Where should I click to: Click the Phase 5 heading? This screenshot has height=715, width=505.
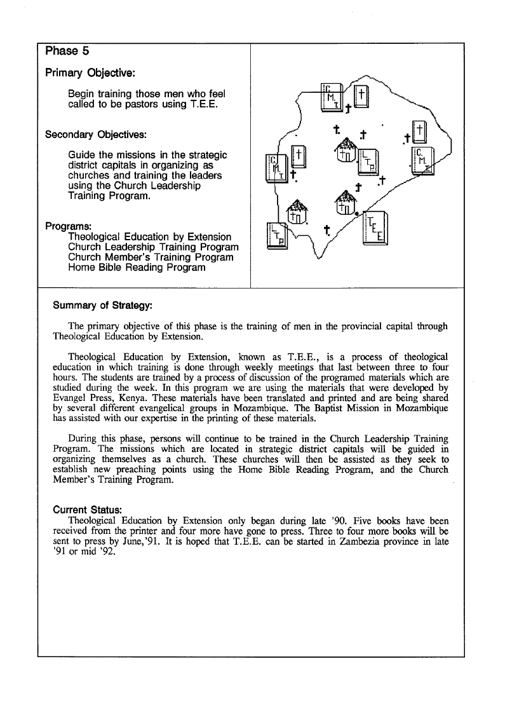[62, 51]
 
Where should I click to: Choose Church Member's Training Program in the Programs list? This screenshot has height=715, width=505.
[151, 257]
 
